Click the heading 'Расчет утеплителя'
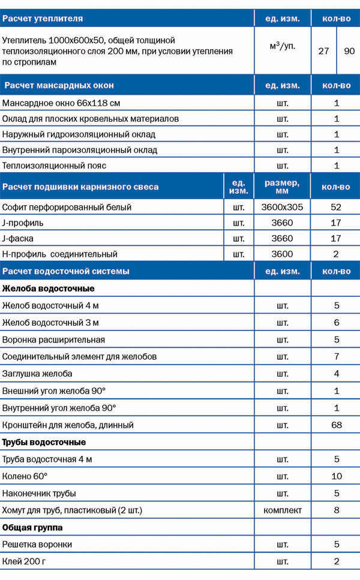pyautogui.click(x=43, y=19)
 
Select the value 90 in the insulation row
pyautogui.click(x=349, y=51)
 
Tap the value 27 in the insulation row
pyautogui.click(x=324, y=51)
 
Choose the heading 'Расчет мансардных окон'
pyautogui.click(x=59, y=85)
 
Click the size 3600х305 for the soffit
pyautogui.click(x=282, y=207)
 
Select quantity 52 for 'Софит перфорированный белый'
pyautogui.click(x=336, y=207)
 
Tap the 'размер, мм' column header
pyautogui.click(x=282, y=187)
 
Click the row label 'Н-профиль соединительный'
pyautogui.click(x=60, y=254)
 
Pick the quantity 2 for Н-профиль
pyautogui.click(x=336, y=254)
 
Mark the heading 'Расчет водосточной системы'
pyautogui.click(x=66, y=271)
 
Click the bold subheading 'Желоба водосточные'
pyautogui.click(x=48, y=289)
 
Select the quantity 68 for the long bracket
pyautogui.click(x=336, y=425)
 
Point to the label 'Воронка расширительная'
pyautogui.click(x=53, y=339)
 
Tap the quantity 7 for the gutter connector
pyautogui.click(x=336, y=356)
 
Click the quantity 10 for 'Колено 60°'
pyautogui.click(x=336, y=476)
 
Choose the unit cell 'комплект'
pyautogui.click(x=282, y=510)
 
